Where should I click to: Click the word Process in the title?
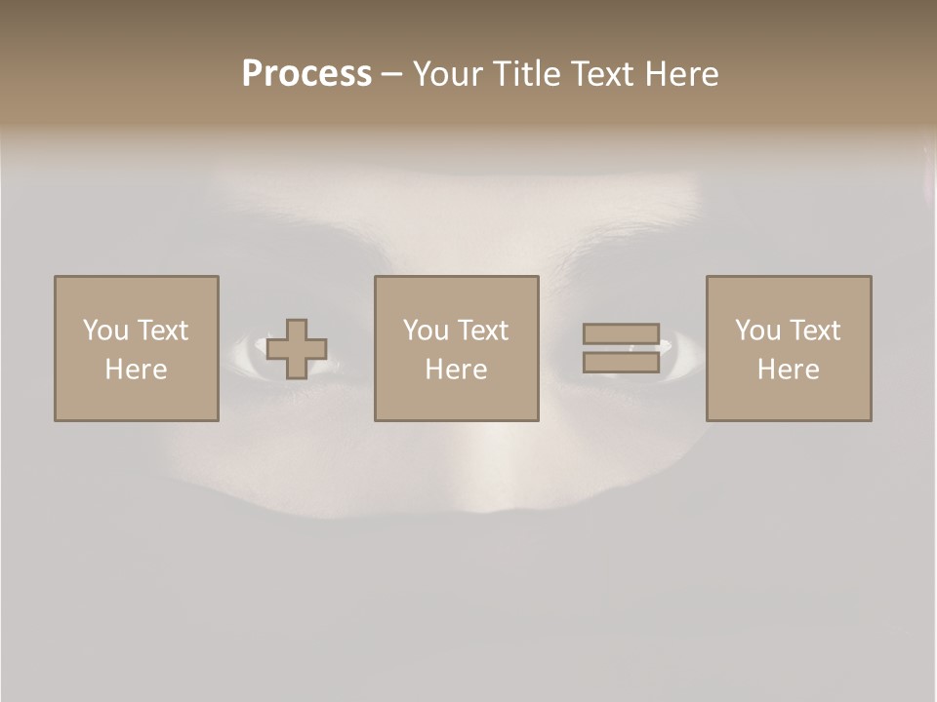pyautogui.click(x=306, y=74)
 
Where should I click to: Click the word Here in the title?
pyautogui.click(x=682, y=74)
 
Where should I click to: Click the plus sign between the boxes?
pyautogui.click(x=297, y=349)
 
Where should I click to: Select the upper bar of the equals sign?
pyautogui.click(x=621, y=333)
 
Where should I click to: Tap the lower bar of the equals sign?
pyautogui.click(x=621, y=363)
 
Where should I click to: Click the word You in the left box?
pyautogui.click(x=105, y=331)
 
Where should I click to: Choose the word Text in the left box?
pyautogui.click(x=162, y=331)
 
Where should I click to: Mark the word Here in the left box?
pyautogui.click(x=136, y=370)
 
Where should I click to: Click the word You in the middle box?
pyautogui.click(x=426, y=331)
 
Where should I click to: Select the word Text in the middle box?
pyautogui.click(x=482, y=331)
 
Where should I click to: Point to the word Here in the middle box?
pyautogui.click(x=456, y=370)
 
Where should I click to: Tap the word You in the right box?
pyautogui.click(x=757, y=331)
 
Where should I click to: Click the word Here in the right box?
pyautogui.click(x=788, y=370)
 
